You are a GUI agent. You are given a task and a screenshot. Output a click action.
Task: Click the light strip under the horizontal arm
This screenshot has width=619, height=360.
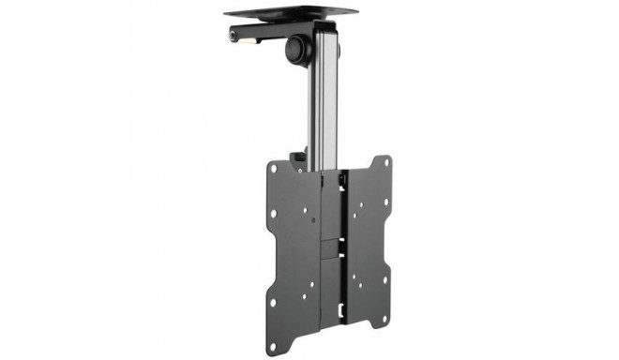tap(251, 41)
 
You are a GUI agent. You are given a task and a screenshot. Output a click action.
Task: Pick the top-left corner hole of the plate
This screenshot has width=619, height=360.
tap(274, 170)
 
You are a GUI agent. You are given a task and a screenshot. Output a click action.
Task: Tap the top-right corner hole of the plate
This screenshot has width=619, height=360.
tap(385, 167)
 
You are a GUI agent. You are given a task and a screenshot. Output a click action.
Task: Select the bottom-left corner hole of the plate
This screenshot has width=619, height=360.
tap(273, 302)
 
